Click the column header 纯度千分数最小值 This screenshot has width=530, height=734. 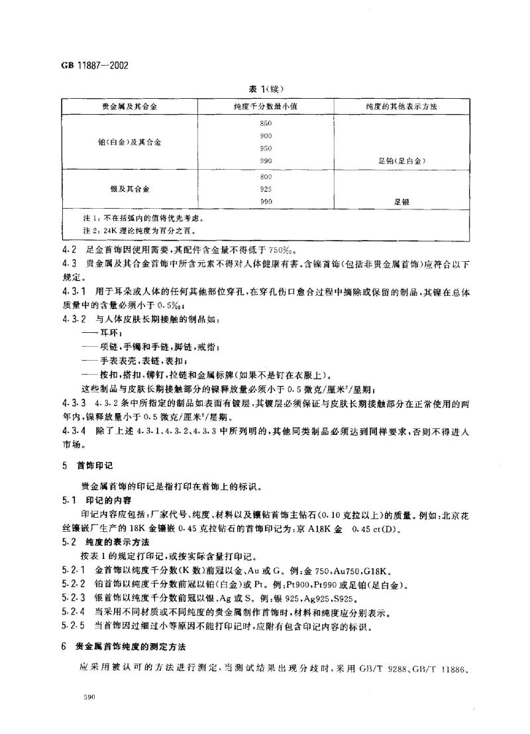tap(266, 107)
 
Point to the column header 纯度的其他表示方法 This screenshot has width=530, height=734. tap(401, 107)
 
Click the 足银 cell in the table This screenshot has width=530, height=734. tap(401, 202)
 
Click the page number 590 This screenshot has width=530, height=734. tap(69, 698)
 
